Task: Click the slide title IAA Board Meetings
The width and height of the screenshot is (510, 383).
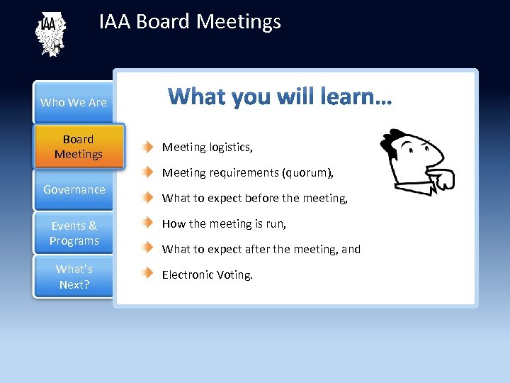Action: tap(190, 22)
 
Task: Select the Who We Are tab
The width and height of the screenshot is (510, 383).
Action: tap(74, 102)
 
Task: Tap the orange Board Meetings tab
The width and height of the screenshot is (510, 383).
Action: tap(79, 147)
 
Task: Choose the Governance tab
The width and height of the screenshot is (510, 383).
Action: tap(74, 189)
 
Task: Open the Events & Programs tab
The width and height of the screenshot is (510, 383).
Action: tap(74, 233)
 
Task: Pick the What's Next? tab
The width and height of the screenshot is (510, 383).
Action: tap(74, 277)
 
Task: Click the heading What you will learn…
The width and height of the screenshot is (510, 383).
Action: tap(279, 96)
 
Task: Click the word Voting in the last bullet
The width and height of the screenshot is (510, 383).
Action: tap(233, 275)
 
